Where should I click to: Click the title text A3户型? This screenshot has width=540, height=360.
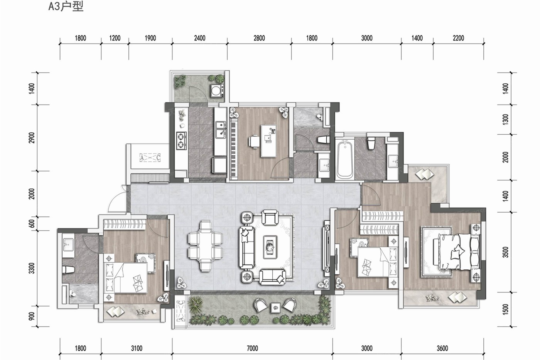coord(66,7)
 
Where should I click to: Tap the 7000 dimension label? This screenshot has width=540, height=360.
coord(252,348)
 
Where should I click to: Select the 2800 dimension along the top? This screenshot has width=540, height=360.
coord(259,38)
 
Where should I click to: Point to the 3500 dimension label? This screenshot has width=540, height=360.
coord(506,252)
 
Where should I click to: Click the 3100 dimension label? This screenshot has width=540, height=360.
coord(137,348)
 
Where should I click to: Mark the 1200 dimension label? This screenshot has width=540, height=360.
coord(115,38)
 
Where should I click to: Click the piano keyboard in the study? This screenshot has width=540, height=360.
coord(233,148)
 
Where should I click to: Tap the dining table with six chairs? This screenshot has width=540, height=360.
coord(205,246)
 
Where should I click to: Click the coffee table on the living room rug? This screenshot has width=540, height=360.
coord(270,247)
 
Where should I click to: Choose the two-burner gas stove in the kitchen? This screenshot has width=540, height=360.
coord(181,141)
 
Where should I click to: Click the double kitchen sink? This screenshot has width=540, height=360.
coord(221,130)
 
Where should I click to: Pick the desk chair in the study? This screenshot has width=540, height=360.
coord(254,141)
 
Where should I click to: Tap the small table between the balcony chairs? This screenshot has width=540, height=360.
coord(275,307)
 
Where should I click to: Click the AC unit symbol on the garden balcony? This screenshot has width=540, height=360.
coord(180,311)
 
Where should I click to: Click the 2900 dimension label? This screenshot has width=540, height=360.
coord(32,138)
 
